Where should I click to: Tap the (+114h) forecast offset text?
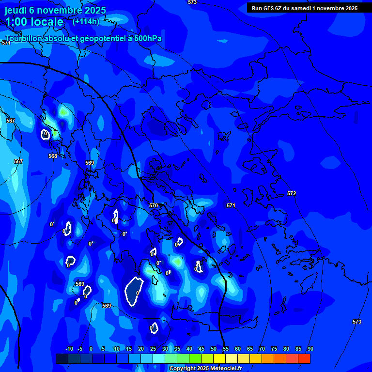[86, 21]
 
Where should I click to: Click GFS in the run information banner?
[268, 8]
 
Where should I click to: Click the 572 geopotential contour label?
[291, 193]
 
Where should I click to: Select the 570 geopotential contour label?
[154, 205]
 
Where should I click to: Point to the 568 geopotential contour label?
[53, 156]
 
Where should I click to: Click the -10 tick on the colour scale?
[69, 349]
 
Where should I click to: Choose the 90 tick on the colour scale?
[310, 349]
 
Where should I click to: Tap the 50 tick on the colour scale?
[214, 349]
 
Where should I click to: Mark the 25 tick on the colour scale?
[153, 349]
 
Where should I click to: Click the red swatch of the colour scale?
[304, 358]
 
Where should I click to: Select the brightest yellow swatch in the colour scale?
[219, 358]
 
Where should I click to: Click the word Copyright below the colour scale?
[183, 369]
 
